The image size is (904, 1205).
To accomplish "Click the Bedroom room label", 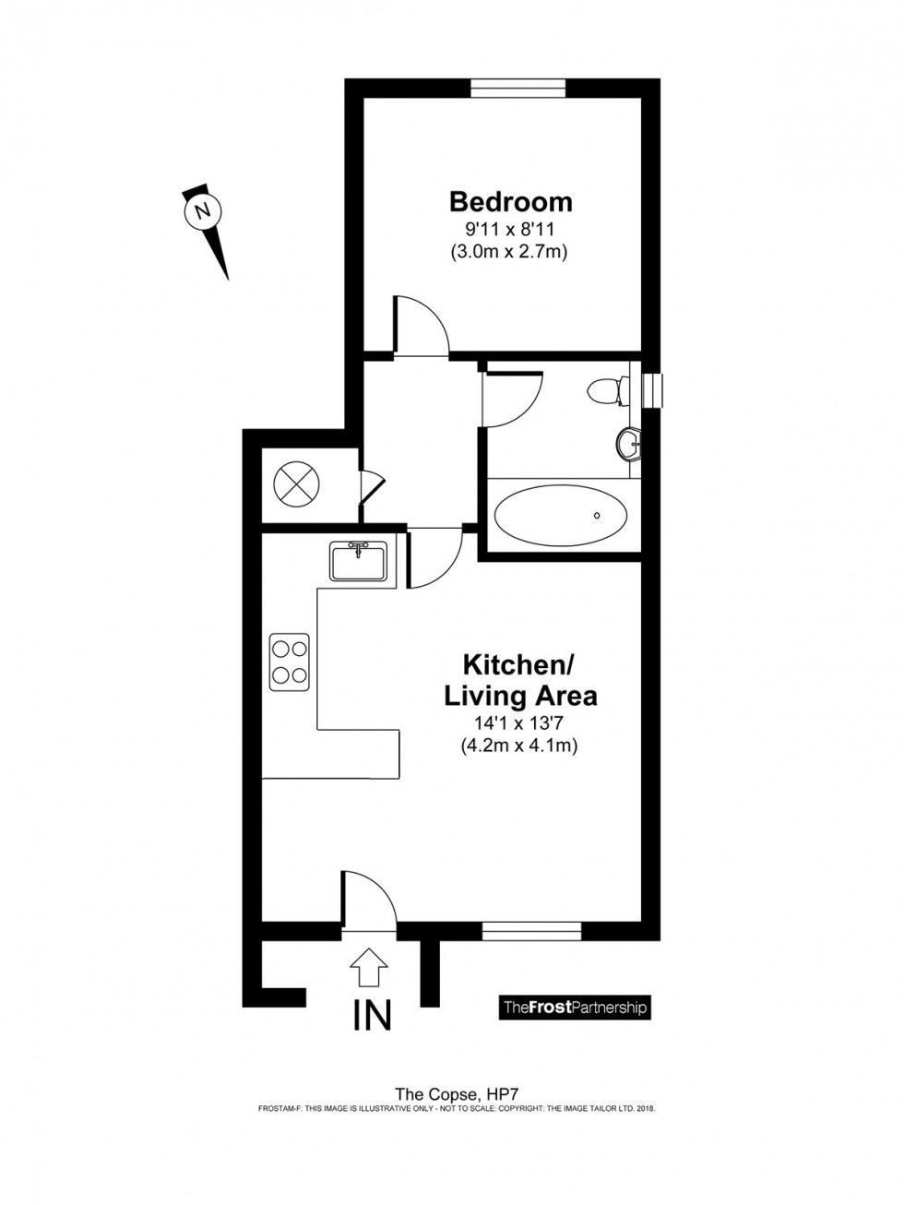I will [x=510, y=201].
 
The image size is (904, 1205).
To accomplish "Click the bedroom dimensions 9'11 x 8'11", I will [x=507, y=228].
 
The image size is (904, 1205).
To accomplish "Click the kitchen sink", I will [x=358, y=560].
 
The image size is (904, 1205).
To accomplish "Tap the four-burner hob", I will [x=289, y=661].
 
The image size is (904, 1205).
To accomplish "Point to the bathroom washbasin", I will [x=628, y=444].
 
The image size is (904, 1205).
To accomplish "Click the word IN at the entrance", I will [x=372, y=1015].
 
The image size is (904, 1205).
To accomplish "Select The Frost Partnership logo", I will [x=574, y=1007].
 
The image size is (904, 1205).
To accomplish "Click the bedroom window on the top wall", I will [x=517, y=88].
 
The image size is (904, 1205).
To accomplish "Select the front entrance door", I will [x=367, y=898].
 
